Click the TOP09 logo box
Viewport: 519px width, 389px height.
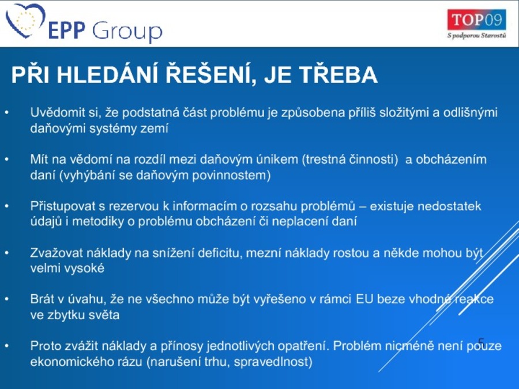pos(477,20)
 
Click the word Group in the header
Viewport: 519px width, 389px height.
pos(127,31)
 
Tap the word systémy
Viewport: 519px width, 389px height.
pos(114,129)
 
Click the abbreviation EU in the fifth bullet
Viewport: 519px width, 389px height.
pos(364,299)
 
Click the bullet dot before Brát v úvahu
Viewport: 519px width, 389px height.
pos(7,299)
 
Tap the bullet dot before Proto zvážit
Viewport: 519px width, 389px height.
pos(7,346)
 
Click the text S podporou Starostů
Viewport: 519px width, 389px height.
pos(477,35)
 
